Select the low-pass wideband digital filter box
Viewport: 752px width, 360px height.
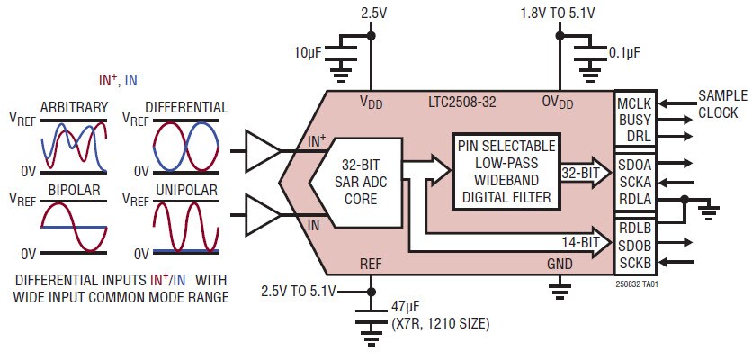pos(505,172)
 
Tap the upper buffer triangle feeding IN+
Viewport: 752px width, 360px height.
pos(262,149)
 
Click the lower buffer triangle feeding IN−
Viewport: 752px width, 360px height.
pos(262,217)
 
